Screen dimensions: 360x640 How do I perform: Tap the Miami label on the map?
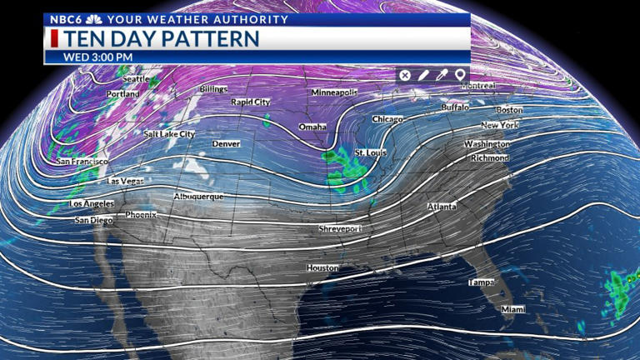click(513, 309)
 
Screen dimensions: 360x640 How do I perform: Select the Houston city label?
click(322, 268)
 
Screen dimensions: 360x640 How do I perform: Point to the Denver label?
click(226, 144)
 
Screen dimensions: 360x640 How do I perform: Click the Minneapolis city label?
click(334, 92)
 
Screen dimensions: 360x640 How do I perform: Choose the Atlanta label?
click(442, 207)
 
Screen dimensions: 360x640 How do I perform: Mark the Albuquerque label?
click(198, 197)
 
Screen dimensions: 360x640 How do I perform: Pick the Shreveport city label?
click(340, 228)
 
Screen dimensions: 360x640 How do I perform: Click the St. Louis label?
click(371, 153)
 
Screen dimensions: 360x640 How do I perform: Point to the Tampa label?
click(481, 282)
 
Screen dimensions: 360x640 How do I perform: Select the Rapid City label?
click(251, 102)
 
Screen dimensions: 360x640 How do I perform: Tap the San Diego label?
click(93, 221)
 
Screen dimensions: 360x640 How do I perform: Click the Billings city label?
click(213, 88)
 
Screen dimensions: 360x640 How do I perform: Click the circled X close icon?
click(405, 75)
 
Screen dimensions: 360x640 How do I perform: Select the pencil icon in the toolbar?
click(423, 75)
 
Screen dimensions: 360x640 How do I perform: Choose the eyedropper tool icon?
click(442, 75)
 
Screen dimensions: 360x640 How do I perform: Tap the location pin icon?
click(459, 75)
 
